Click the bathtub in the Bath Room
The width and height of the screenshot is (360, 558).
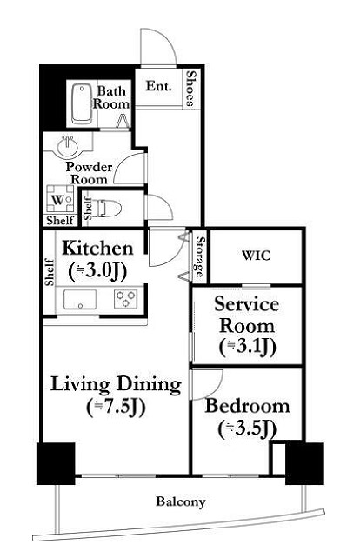click(82, 103)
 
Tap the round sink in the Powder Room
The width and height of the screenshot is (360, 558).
click(67, 146)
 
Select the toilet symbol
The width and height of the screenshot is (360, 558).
click(108, 208)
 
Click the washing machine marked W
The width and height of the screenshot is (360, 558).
click(60, 200)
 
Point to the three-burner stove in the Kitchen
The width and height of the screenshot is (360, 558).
click(126, 299)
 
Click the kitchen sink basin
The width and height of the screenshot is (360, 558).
click(80, 299)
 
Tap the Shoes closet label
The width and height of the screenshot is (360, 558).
click(191, 89)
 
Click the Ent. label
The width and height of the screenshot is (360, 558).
click(159, 86)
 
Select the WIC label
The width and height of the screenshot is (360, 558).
click(257, 256)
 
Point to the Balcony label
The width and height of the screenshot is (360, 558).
click(181, 502)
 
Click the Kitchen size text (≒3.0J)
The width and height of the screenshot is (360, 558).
click(97, 271)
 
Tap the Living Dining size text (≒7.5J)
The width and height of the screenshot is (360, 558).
click(116, 408)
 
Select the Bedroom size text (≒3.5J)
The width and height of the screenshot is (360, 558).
click(247, 429)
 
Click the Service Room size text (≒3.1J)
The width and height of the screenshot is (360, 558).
click(248, 348)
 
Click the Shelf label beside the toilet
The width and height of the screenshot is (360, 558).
click(88, 209)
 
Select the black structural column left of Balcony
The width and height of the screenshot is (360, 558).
click(56, 463)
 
